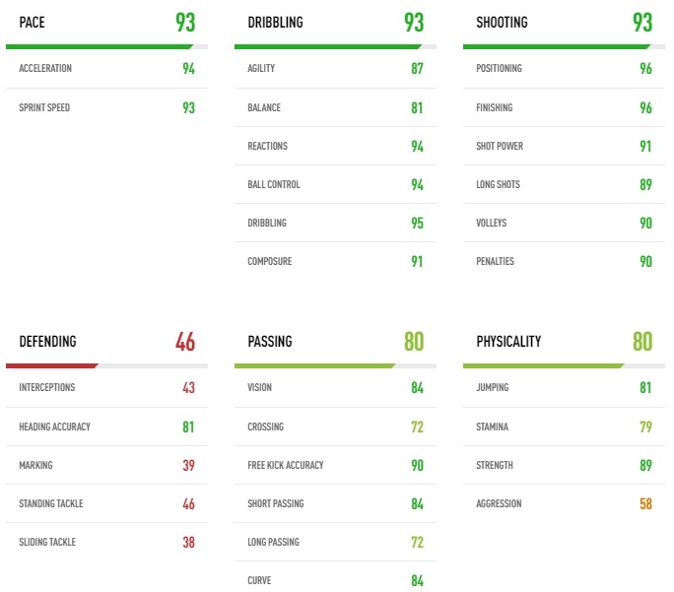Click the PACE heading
[33, 23]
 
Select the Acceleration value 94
[188, 69]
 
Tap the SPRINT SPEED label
[44, 107]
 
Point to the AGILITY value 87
[417, 69]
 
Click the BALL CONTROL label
[274, 184]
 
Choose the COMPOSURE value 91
[417, 262]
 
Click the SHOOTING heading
[502, 23]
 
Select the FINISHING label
[495, 107]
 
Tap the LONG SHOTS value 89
[645, 184]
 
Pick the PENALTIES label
[495, 261]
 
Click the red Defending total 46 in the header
[185, 342]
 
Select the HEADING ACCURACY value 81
[188, 427]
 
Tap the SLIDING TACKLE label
[47, 542]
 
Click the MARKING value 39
[188, 465]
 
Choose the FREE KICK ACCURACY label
[286, 465]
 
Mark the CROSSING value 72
[417, 427]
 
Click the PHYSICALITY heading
[508, 342]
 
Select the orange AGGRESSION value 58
[645, 503]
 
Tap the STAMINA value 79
[645, 427]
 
